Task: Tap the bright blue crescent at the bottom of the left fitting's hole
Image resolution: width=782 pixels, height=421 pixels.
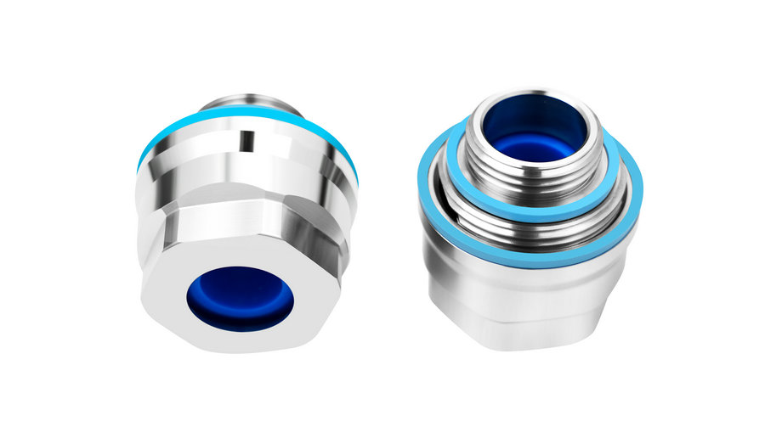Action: (x=241, y=318)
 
